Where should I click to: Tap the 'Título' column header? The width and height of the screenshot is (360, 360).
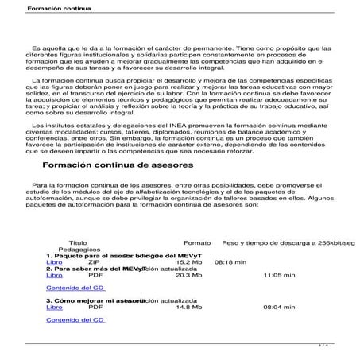pyautogui.click(x=78, y=242)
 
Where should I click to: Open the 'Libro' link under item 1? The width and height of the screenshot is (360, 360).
pyautogui.click(x=54, y=262)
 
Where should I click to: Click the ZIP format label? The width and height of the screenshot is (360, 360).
pyautogui.click(x=94, y=262)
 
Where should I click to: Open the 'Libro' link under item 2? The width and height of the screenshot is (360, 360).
pyautogui.click(x=54, y=275)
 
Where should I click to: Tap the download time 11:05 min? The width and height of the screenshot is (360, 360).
pyautogui.click(x=278, y=275)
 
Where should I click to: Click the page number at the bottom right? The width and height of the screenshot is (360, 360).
pyautogui.click(x=346, y=345)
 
